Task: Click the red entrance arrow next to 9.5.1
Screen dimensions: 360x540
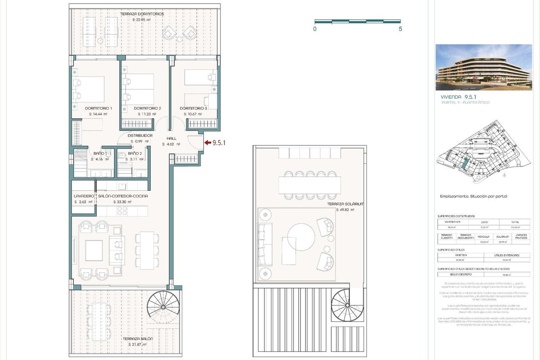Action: [207, 143]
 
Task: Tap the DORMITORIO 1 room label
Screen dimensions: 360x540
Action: [99, 108]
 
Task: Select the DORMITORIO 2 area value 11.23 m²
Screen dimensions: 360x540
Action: [146, 114]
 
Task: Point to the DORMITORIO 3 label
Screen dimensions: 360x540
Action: [193, 108]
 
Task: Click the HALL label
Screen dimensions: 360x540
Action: [171, 139]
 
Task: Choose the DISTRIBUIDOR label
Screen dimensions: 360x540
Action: [140, 135]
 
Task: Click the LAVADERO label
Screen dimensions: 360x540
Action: [84, 196]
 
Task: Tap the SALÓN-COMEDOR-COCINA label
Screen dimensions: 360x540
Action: [123, 196]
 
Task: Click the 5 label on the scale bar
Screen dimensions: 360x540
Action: [400, 29]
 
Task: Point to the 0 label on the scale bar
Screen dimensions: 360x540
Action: [315, 29]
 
